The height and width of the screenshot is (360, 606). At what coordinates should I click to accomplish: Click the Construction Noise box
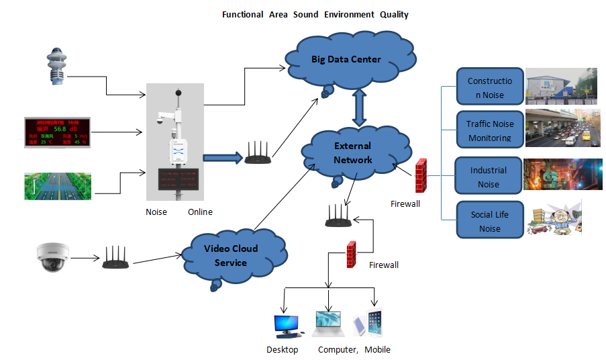489,88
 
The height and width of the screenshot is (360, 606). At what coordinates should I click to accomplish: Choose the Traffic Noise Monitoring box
489,130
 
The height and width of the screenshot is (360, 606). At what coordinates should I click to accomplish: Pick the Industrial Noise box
489,177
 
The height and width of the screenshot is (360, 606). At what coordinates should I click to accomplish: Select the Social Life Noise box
489,221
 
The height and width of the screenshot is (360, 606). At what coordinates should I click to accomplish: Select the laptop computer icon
328,323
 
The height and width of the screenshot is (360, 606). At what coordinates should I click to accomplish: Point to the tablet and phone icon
368,323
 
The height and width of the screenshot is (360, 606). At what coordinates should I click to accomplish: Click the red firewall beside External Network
421,175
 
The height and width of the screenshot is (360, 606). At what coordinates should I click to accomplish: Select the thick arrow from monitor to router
221,159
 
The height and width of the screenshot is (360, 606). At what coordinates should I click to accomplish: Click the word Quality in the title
394,15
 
